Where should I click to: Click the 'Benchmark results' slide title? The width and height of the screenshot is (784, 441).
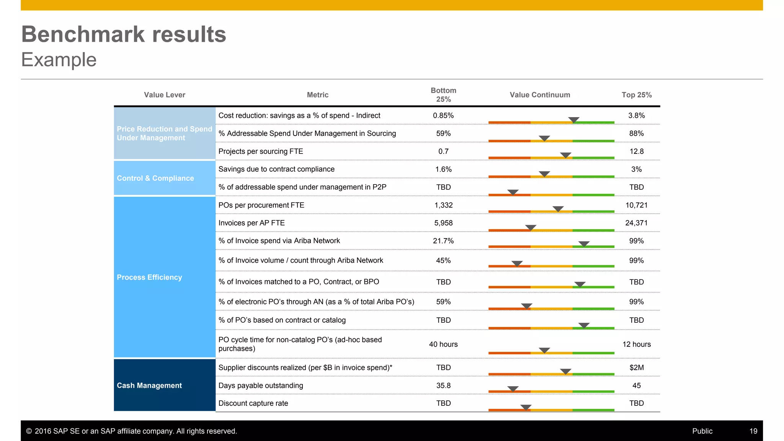click(124, 34)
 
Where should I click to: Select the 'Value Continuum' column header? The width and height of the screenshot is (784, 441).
click(540, 95)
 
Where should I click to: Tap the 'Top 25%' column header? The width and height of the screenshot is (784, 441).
click(636, 95)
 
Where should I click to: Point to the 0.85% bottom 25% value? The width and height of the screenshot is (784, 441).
click(443, 116)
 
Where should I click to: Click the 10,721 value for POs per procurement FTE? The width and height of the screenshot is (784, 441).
click(636, 205)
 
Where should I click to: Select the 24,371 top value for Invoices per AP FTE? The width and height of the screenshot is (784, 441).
click(636, 223)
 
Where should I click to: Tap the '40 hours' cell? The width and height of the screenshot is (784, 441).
click(443, 344)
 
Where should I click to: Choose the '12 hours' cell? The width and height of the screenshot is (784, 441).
click(636, 344)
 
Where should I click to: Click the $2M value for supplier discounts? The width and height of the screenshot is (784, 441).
click(636, 367)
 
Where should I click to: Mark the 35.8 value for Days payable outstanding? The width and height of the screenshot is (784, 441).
click(443, 385)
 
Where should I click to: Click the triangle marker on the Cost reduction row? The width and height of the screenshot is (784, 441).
click(573, 120)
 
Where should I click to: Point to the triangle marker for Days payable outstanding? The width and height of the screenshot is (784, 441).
click(513, 389)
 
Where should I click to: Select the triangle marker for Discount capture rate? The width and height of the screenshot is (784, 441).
click(526, 407)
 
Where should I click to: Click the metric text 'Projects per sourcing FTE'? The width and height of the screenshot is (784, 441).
click(260, 151)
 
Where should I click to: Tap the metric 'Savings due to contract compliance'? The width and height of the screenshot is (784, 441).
click(276, 169)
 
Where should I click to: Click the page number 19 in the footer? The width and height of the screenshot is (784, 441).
click(753, 431)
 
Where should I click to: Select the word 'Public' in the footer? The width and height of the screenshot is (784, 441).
click(702, 431)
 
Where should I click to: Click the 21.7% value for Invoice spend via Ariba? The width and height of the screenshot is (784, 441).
click(443, 241)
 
